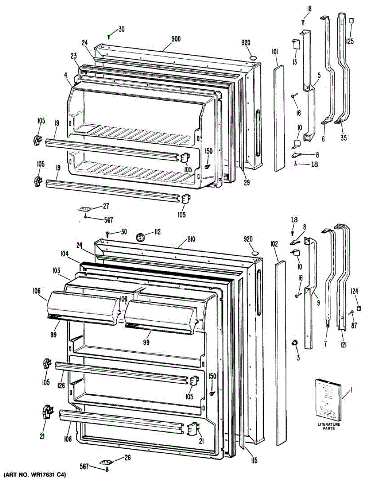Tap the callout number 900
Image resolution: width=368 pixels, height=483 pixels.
(176, 39)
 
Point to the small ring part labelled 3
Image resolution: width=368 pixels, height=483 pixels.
(294, 343)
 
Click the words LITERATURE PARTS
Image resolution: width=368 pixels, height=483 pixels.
(331, 426)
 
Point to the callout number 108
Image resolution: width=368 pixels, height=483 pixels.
(67, 440)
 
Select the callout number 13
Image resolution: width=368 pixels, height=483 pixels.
(294, 61)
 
